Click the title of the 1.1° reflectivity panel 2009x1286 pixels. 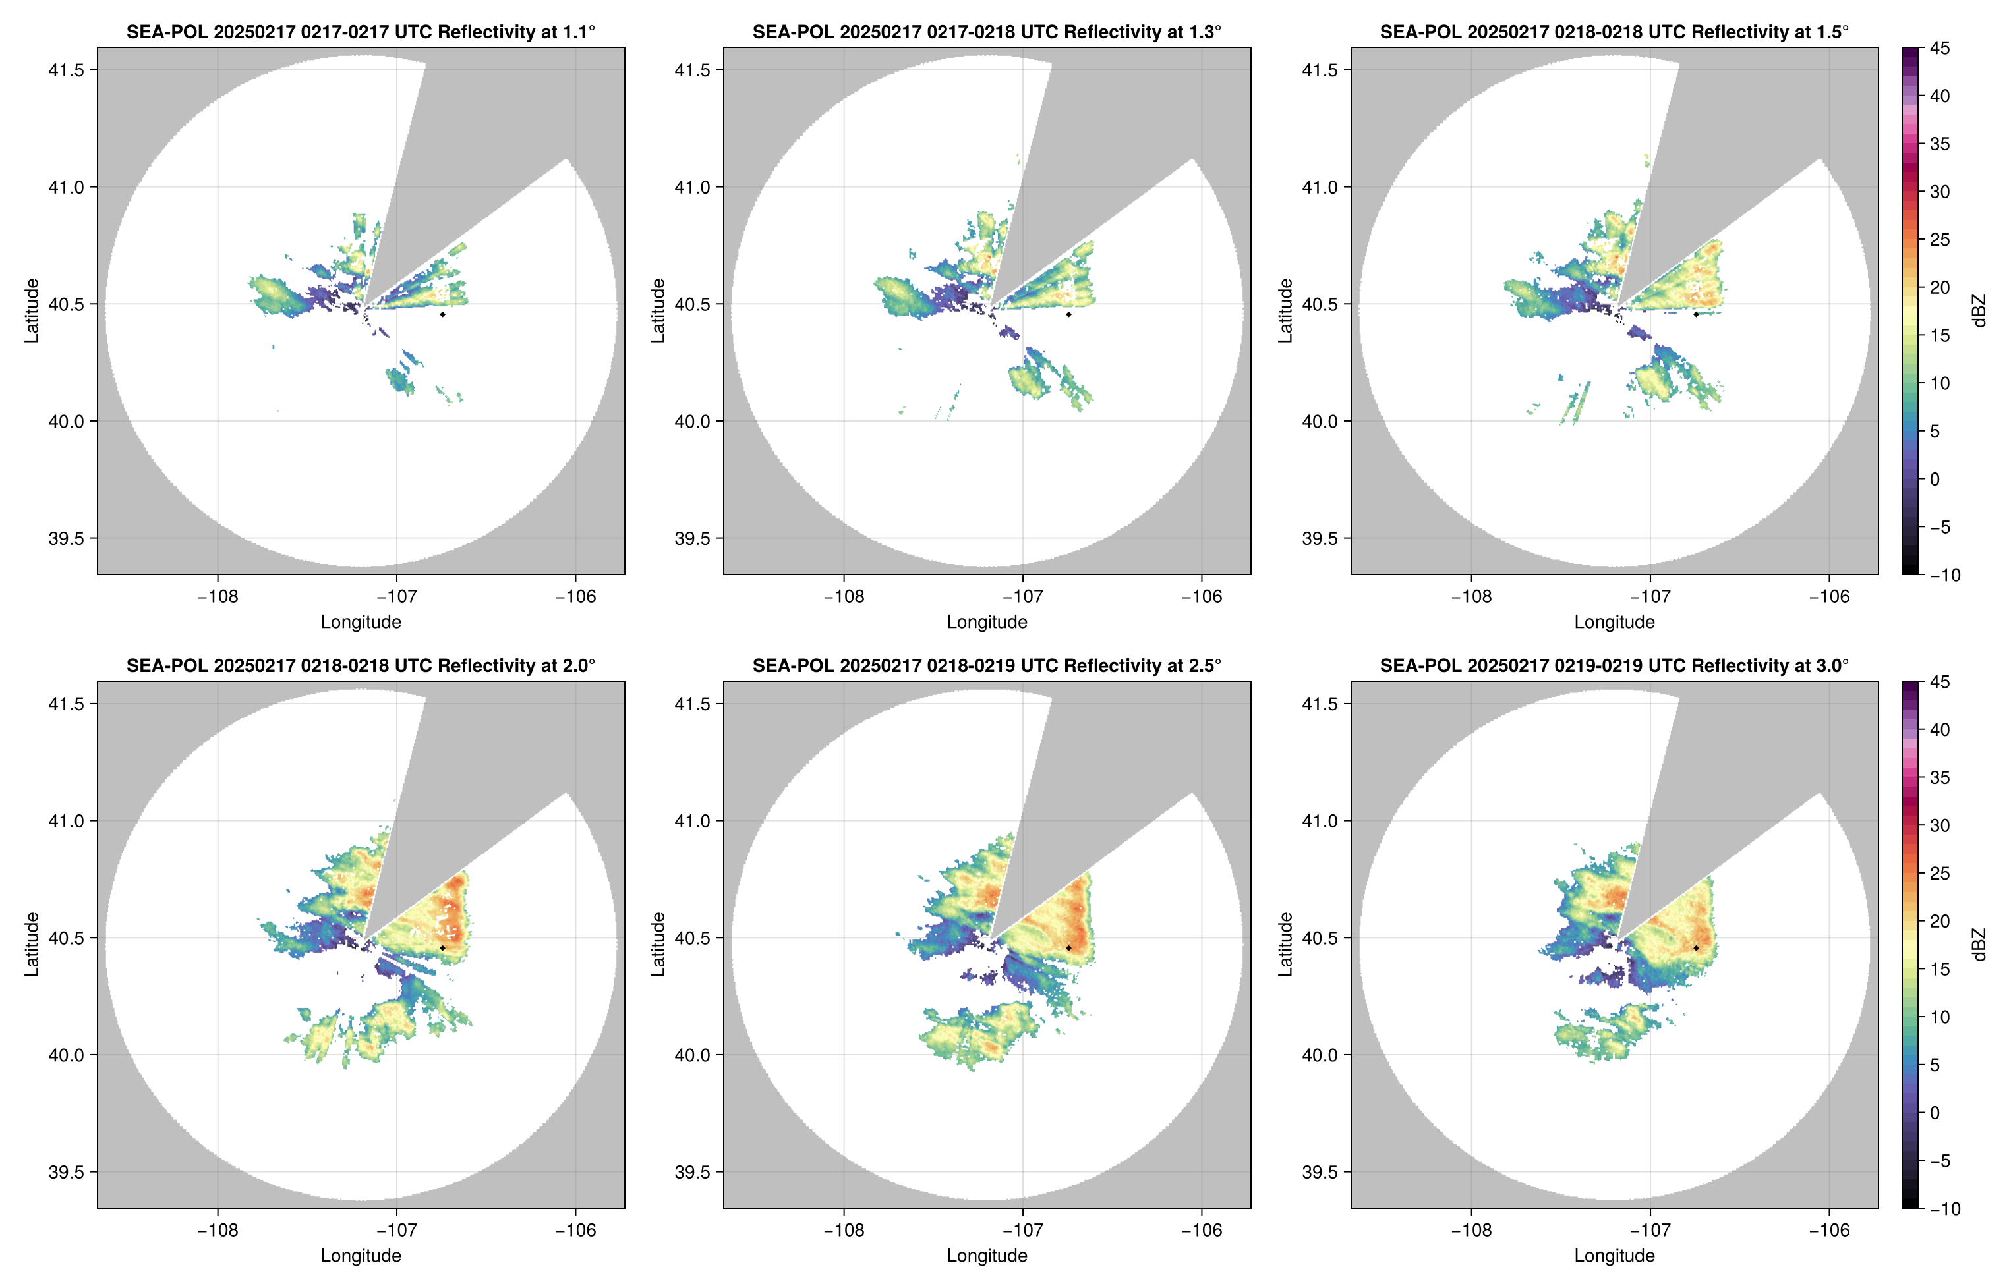[x=360, y=32]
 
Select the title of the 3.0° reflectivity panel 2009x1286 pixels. [x=1614, y=665]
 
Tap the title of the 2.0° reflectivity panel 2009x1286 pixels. [x=360, y=665]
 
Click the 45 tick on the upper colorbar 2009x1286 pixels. [x=1940, y=49]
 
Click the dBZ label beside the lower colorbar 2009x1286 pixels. [x=1978, y=945]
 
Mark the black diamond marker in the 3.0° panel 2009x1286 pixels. [x=1696, y=948]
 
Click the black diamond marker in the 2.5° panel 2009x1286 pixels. [x=1068, y=948]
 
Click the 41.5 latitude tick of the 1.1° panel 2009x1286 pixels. [x=67, y=70]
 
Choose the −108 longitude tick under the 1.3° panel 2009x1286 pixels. [x=844, y=597]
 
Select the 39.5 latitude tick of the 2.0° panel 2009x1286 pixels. [x=67, y=1171]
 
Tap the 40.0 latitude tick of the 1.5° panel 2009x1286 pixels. [x=1320, y=422]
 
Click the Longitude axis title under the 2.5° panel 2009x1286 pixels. [x=987, y=1255]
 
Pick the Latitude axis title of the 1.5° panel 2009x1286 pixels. [x=1285, y=311]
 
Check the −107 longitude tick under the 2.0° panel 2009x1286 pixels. [x=396, y=1230]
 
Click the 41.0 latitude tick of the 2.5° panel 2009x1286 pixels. [x=693, y=821]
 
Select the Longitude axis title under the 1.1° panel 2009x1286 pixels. [x=360, y=621]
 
